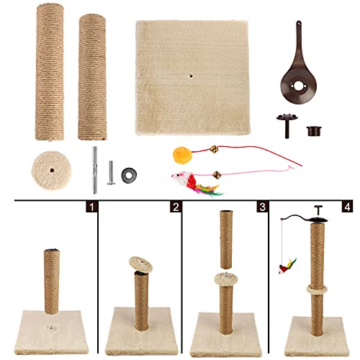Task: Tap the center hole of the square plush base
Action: [x=190, y=76]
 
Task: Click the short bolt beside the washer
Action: [x=111, y=172]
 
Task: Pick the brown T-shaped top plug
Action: [x=284, y=126]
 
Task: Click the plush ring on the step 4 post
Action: [x=313, y=290]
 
